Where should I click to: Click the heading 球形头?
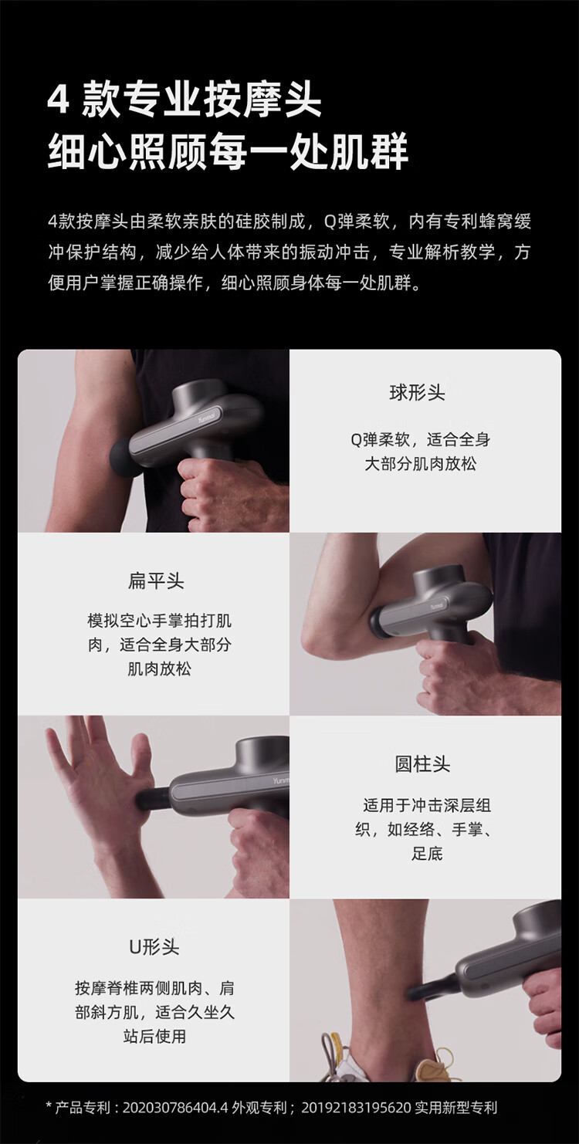[417, 393]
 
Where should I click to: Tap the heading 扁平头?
[156, 580]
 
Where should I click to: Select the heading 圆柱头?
[422, 764]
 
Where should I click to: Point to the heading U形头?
[154, 947]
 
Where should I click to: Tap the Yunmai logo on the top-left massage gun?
[208, 417]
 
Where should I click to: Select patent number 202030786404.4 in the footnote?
[175, 1107]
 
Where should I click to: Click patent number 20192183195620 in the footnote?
[356, 1107]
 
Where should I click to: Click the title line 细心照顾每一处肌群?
[228, 151]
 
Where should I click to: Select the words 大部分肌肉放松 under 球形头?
[420, 464]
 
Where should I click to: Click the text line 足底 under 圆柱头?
[427, 854]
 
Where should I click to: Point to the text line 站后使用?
[154, 1036]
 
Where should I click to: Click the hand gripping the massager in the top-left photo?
[232, 492]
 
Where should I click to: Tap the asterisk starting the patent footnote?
[49, 1105]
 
